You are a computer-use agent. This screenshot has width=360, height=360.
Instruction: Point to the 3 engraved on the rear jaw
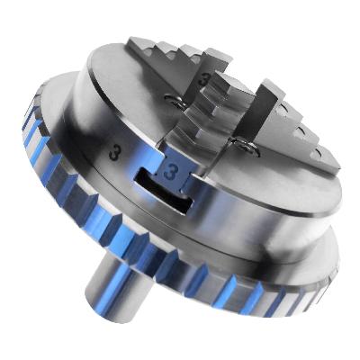click(x=204, y=80)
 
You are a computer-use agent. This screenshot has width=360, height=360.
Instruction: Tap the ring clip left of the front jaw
click(x=173, y=101)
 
